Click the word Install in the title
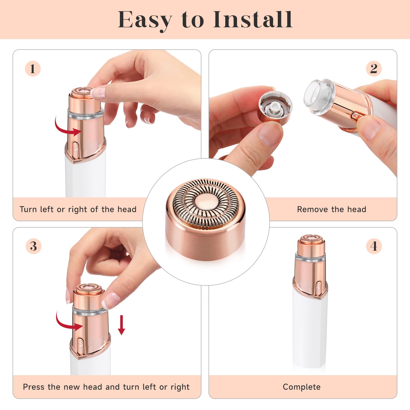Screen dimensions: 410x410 (x=253, y=20)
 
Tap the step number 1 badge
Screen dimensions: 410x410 (x=33, y=69)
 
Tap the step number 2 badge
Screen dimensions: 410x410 (x=374, y=69)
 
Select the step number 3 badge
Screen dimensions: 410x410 (x=33, y=246)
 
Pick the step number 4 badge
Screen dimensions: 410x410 (x=374, y=246)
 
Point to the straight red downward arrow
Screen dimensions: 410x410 (x=121, y=325)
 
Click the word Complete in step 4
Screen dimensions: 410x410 (x=302, y=387)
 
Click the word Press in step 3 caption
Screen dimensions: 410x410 (x=34, y=387)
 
